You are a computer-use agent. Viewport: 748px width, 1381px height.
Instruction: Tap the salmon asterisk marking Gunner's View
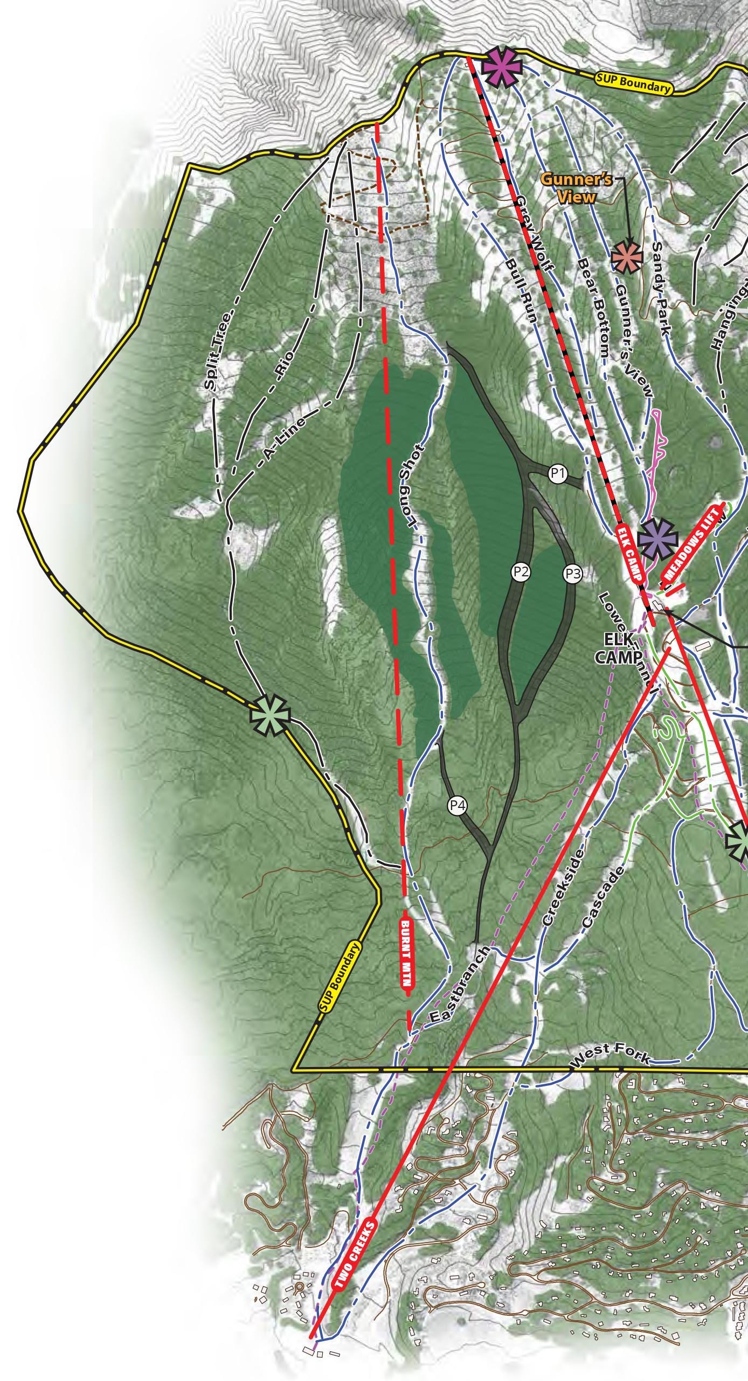pyautogui.click(x=627, y=256)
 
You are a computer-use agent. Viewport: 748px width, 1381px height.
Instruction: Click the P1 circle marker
pyautogui.click(x=558, y=475)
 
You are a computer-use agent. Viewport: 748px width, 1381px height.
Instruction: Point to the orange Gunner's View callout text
pyautogui.click(x=577, y=188)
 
